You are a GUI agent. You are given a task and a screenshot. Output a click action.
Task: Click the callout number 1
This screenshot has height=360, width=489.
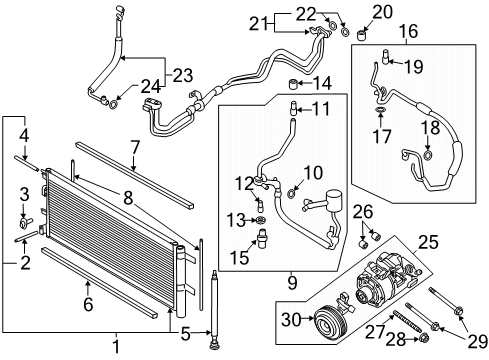(x=118, y=347)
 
